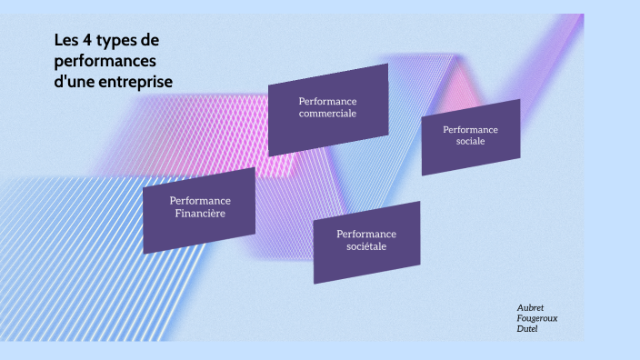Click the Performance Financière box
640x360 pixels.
[199, 209]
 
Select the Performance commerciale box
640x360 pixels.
[327, 108]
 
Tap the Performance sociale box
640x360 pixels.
[470, 136]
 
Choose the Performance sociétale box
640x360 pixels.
[366, 242]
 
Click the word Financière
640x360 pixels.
[200, 214]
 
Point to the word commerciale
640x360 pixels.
[327, 114]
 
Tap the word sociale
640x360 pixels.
[471, 142]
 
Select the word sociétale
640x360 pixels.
[366, 246]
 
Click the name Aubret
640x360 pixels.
[530, 308]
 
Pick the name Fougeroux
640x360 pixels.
[537, 318]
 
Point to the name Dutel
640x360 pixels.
[527, 328]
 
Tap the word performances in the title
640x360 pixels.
[105, 61]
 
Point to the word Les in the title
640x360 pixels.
[64, 41]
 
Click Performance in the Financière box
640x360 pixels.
[200, 200]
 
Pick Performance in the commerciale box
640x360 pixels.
[327, 100]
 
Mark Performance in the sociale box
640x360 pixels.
[471, 130]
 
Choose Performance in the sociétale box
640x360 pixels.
[366, 234]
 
